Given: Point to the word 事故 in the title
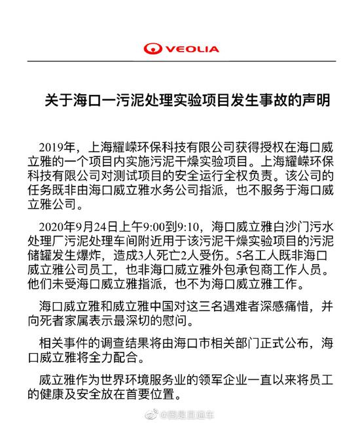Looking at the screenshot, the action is pyautogui.click(x=270, y=102).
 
